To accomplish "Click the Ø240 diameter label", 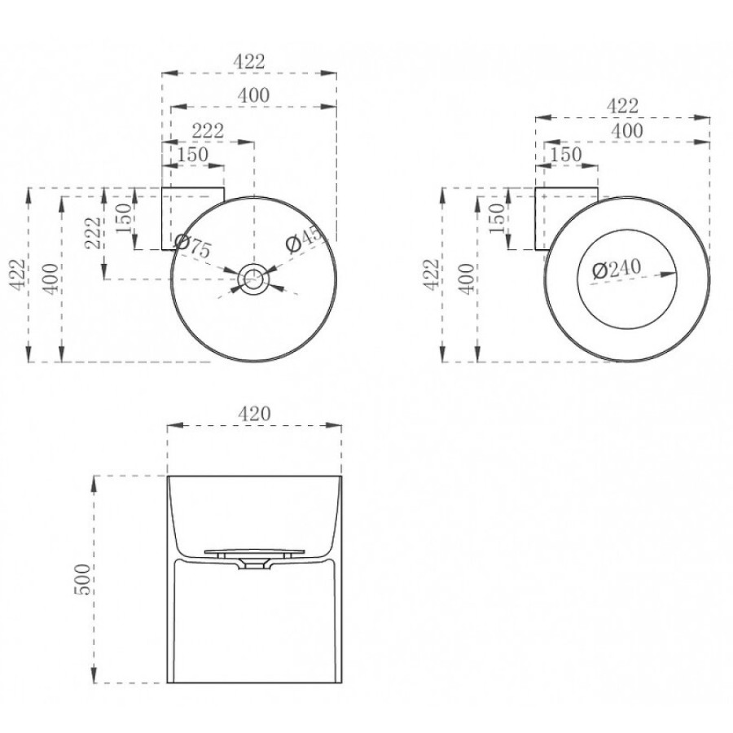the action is pyautogui.click(x=617, y=269).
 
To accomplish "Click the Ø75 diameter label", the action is pyautogui.click(x=192, y=246).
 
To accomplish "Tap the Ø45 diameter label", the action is pyautogui.click(x=305, y=239).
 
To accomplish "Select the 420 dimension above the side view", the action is pyautogui.click(x=254, y=413).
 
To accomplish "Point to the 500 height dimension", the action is pyautogui.click(x=82, y=579).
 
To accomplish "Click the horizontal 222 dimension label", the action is pyautogui.click(x=208, y=130).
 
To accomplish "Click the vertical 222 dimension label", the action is pyautogui.click(x=94, y=233).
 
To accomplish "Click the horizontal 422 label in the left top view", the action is pyautogui.click(x=249, y=61).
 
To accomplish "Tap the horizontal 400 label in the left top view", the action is pyautogui.click(x=254, y=95).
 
